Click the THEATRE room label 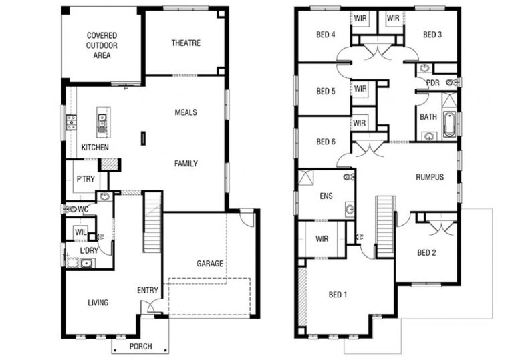point(185,43)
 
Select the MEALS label point(186,112)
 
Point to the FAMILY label point(186,163)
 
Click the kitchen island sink point(104,121)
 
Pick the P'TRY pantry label point(85,179)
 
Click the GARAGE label point(210,263)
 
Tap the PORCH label point(139,347)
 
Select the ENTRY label point(147,290)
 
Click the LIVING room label point(98,303)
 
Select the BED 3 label point(432,35)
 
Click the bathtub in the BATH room point(449,124)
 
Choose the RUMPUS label point(430,177)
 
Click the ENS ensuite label point(326,196)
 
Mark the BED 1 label point(338,294)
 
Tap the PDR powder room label point(433,83)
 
